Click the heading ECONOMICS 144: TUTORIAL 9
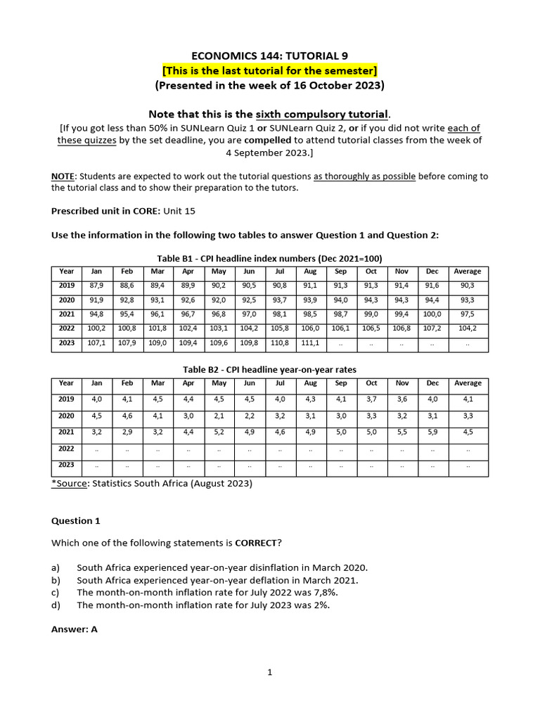(270, 56)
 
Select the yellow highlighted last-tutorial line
(270, 70)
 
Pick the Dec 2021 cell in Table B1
(432, 314)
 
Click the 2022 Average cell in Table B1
(468, 329)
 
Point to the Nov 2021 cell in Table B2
(402, 432)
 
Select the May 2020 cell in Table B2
(219, 416)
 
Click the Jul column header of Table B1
(280, 271)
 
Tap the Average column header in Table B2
(468, 383)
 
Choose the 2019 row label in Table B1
(67, 285)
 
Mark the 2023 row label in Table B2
(67, 465)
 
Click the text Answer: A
(75, 629)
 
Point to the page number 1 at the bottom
(269, 672)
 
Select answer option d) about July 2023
(202, 605)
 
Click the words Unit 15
(179, 211)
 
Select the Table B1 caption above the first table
(270, 258)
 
